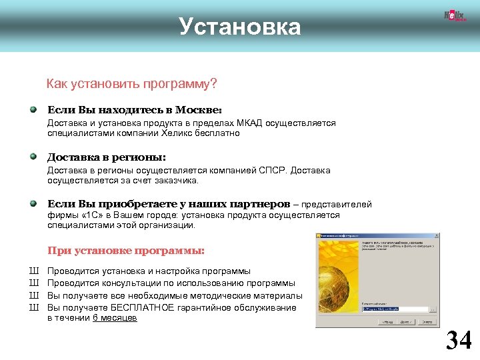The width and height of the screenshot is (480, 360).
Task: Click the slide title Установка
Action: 240,27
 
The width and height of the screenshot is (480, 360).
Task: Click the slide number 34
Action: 458,341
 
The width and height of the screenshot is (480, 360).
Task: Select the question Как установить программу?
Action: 131,85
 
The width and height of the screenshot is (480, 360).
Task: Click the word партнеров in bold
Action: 256,204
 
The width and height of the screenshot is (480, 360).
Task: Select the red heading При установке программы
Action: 125,251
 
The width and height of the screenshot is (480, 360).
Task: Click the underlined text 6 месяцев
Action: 114,318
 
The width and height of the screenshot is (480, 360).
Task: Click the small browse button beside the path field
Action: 434,309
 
